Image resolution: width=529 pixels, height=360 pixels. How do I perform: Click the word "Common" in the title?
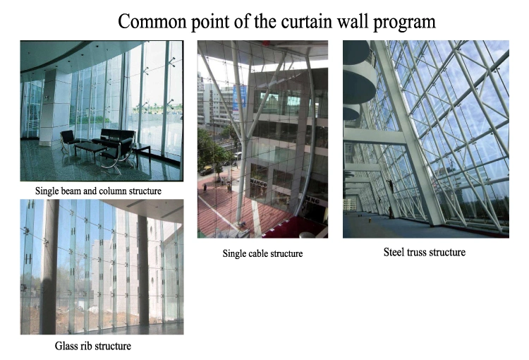pos(152,21)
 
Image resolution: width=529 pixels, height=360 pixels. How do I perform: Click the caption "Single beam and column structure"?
pos(98,191)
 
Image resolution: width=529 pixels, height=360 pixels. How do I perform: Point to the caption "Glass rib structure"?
pos(93,346)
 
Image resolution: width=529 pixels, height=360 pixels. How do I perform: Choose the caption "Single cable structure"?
pos(262,253)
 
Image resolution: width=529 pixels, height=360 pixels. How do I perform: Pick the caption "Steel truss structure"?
pos(425,252)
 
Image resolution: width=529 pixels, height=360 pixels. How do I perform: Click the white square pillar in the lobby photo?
pos(54,107)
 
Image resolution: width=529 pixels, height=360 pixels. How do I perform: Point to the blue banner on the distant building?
pos(239,98)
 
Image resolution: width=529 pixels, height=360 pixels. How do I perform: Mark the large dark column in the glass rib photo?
pos(50,267)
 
